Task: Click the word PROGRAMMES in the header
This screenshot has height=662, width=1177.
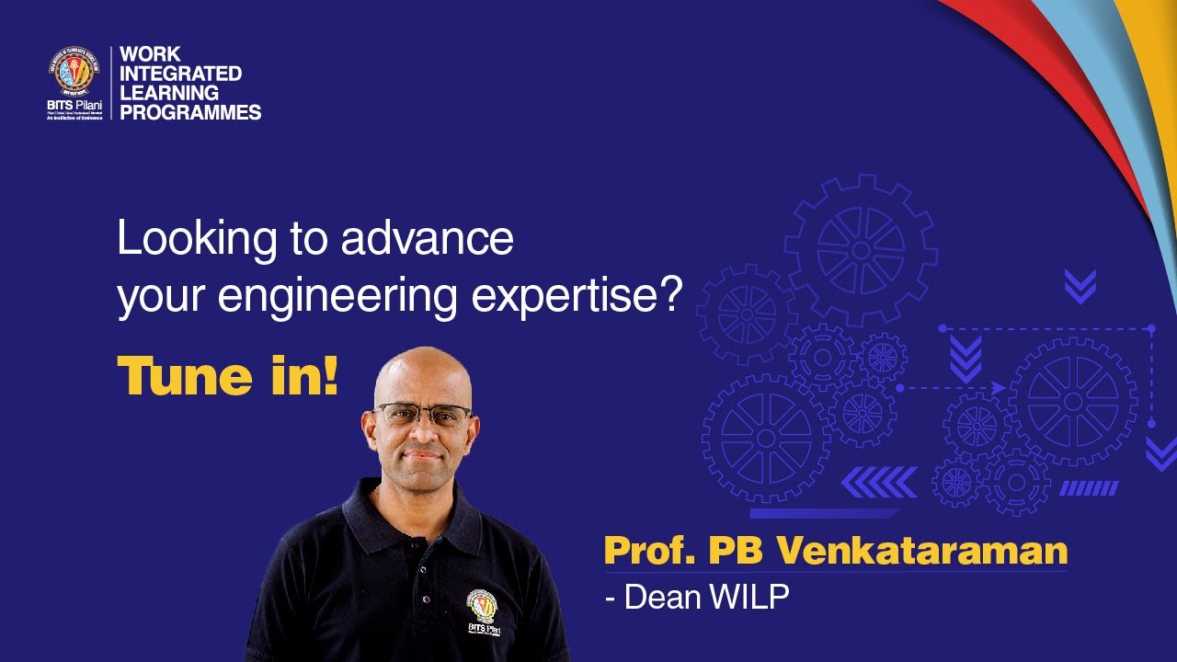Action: [x=191, y=113]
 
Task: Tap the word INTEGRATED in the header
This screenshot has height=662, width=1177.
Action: [x=181, y=73]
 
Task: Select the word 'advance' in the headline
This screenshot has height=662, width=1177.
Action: [x=428, y=239]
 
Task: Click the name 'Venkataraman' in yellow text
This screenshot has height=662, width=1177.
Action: [x=922, y=551]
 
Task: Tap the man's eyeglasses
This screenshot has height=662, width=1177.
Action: [x=423, y=414]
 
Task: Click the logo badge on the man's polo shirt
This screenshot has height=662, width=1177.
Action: [x=483, y=608]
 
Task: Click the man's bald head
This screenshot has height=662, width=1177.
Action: [x=421, y=368]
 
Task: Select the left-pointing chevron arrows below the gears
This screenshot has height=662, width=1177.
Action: [x=879, y=482]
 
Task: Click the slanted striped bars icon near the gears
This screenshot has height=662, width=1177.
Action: [x=1090, y=488]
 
